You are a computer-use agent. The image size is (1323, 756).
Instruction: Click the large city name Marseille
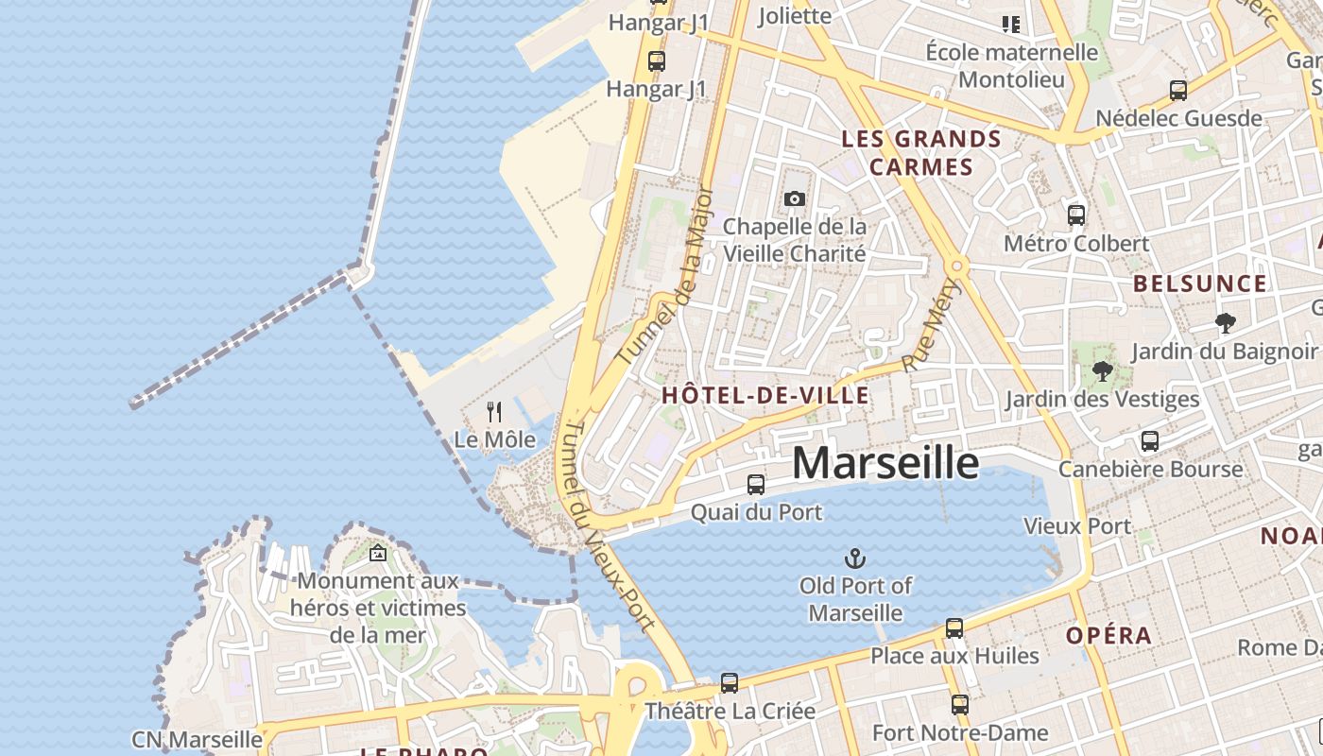[x=885, y=462]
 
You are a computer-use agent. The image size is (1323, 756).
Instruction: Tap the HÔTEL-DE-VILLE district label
[x=765, y=396]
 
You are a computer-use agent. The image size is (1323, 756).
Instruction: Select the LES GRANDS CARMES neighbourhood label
[x=920, y=153]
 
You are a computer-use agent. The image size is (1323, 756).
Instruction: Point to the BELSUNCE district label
[x=1199, y=283]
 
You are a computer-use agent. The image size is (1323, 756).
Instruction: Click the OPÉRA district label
[x=1108, y=636]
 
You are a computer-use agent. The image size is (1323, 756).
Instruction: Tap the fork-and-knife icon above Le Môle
[x=493, y=411]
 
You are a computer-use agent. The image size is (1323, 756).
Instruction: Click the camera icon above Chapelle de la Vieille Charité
[x=794, y=198]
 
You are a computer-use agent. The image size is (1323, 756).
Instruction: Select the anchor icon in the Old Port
[x=855, y=558]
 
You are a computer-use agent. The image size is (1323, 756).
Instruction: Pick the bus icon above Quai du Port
[x=756, y=485]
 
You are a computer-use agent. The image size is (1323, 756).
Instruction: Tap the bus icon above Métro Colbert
[x=1075, y=215]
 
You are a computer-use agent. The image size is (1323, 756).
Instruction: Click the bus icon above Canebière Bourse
[x=1149, y=441]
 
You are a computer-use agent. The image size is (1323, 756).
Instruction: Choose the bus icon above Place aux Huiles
[x=954, y=628]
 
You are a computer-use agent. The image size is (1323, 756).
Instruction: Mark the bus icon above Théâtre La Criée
[x=729, y=683]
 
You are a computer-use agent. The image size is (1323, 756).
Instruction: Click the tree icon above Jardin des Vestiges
[x=1102, y=371]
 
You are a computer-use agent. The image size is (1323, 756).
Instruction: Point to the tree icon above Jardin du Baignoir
[x=1226, y=323]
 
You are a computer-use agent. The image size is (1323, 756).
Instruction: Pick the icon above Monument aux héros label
[x=378, y=554]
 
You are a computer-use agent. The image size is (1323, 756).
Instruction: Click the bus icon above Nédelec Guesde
[x=1177, y=91]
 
